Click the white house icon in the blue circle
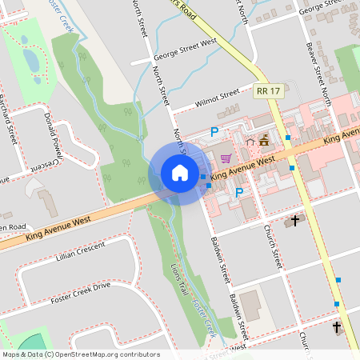click(180, 173)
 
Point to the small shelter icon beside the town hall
click(250, 142)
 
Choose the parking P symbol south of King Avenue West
click(239, 192)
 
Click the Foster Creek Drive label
click(79, 291)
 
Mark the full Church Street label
click(274, 246)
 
